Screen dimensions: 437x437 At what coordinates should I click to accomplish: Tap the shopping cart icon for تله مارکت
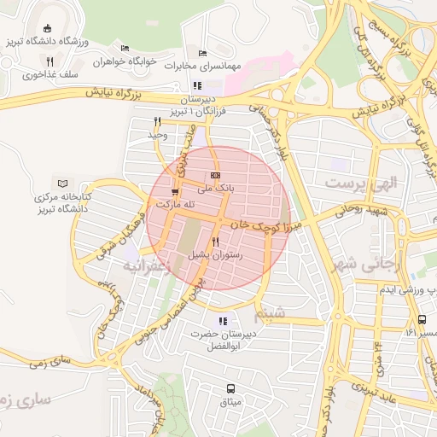pyautogui.click(x=175, y=192)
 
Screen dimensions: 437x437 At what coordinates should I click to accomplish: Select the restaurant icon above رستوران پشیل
pyautogui.click(x=215, y=242)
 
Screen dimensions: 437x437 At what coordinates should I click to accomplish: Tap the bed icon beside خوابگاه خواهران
pyautogui.click(x=125, y=48)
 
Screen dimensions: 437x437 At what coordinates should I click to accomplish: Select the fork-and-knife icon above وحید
pyautogui.click(x=158, y=121)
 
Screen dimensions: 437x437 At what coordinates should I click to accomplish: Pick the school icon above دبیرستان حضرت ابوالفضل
pyautogui.click(x=222, y=322)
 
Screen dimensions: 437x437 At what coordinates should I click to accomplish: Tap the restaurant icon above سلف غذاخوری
pyautogui.click(x=50, y=61)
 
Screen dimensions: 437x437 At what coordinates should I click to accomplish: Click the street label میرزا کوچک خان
pyautogui.click(x=259, y=223)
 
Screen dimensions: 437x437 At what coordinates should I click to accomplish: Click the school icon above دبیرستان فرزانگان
pyautogui.click(x=197, y=85)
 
